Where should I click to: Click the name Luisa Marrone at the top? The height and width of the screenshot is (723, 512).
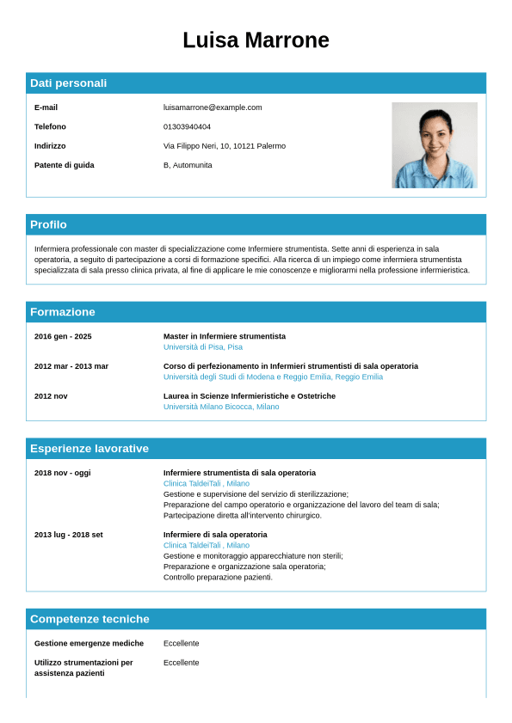[256, 40]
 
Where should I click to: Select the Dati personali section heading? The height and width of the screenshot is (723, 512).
[69, 83]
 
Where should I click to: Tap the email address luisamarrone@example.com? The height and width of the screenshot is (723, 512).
[213, 107]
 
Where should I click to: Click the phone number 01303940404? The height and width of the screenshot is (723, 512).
[187, 126]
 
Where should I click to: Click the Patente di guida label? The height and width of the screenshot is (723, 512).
[65, 165]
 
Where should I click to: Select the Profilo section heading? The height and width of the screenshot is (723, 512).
[48, 224]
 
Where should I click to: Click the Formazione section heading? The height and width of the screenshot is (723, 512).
[63, 312]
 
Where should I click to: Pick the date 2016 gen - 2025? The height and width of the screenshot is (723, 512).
[63, 336]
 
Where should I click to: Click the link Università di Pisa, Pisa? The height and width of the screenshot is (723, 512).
[203, 347]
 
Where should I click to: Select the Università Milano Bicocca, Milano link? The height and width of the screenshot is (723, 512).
[221, 407]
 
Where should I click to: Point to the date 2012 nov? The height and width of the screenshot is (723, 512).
[51, 396]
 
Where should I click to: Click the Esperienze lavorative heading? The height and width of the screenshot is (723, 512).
[89, 449]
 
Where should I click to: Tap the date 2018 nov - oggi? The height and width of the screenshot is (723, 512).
[62, 473]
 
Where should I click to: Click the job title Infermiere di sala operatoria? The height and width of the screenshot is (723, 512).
[215, 535]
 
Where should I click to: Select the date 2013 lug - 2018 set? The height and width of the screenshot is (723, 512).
[69, 535]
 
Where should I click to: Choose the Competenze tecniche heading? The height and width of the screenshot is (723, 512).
[89, 619]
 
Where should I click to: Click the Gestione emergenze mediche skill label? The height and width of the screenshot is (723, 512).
[89, 643]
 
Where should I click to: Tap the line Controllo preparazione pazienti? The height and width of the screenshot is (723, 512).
[218, 577]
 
